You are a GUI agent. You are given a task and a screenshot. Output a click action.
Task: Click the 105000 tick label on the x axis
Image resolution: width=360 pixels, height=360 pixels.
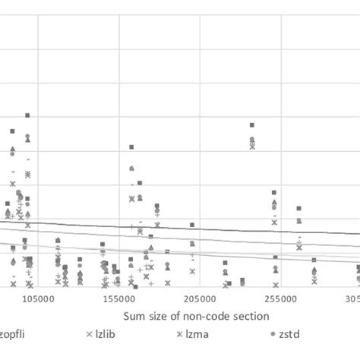(39, 301)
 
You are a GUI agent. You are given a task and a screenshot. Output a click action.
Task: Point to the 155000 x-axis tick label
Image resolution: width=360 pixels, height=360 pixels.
(119, 301)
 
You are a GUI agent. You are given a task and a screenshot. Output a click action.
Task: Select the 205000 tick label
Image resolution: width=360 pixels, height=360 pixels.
(200, 301)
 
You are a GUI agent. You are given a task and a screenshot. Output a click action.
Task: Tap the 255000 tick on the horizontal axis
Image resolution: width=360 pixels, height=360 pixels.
(280, 301)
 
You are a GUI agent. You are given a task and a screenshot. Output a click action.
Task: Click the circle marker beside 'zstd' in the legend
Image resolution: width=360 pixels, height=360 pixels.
(273, 334)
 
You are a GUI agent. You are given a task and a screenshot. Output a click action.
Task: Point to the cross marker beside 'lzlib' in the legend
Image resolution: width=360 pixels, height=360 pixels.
(90, 334)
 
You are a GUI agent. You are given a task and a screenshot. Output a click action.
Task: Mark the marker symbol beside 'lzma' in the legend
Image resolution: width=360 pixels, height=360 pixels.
(180, 334)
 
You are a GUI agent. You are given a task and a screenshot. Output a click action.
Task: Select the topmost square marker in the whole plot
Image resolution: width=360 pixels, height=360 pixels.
(27, 115)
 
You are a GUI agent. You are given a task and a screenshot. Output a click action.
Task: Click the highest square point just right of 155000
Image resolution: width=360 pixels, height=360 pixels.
(131, 147)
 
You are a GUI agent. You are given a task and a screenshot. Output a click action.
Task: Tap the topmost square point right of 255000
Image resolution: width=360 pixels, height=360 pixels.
(298, 208)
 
